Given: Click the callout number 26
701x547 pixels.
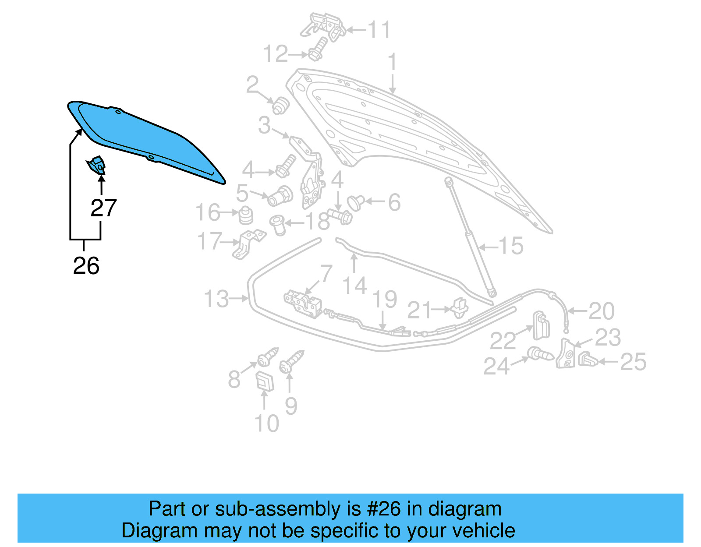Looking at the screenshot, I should pyautogui.click(x=86, y=266).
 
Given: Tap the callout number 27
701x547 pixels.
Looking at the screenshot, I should pyautogui.click(x=103, y=208).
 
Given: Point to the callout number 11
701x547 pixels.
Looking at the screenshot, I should pyautogui.click(x=379, y=30).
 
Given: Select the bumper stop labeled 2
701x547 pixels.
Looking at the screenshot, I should pyautogui.click(x=280, y=105).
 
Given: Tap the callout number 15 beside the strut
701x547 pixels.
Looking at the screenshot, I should pyautogui.click(x=511, y=246).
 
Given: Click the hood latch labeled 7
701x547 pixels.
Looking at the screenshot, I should pyautogui.click(x=303, y=303).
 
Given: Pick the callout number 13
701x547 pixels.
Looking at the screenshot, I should pyautogui.click(x=216, y=299).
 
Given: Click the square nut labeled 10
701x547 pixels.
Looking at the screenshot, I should pyautogui.click(x=265, y=381).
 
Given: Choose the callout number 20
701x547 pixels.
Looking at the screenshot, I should pyautogui.click(x=601, y=311).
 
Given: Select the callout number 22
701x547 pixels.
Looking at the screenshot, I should pyautogui.click(x=503, y=340).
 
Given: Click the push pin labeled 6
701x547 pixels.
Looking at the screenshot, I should pyautogui.click(x=355, y=202).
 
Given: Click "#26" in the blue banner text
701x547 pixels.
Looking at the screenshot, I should pyautogui.click(x=384, y=509).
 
